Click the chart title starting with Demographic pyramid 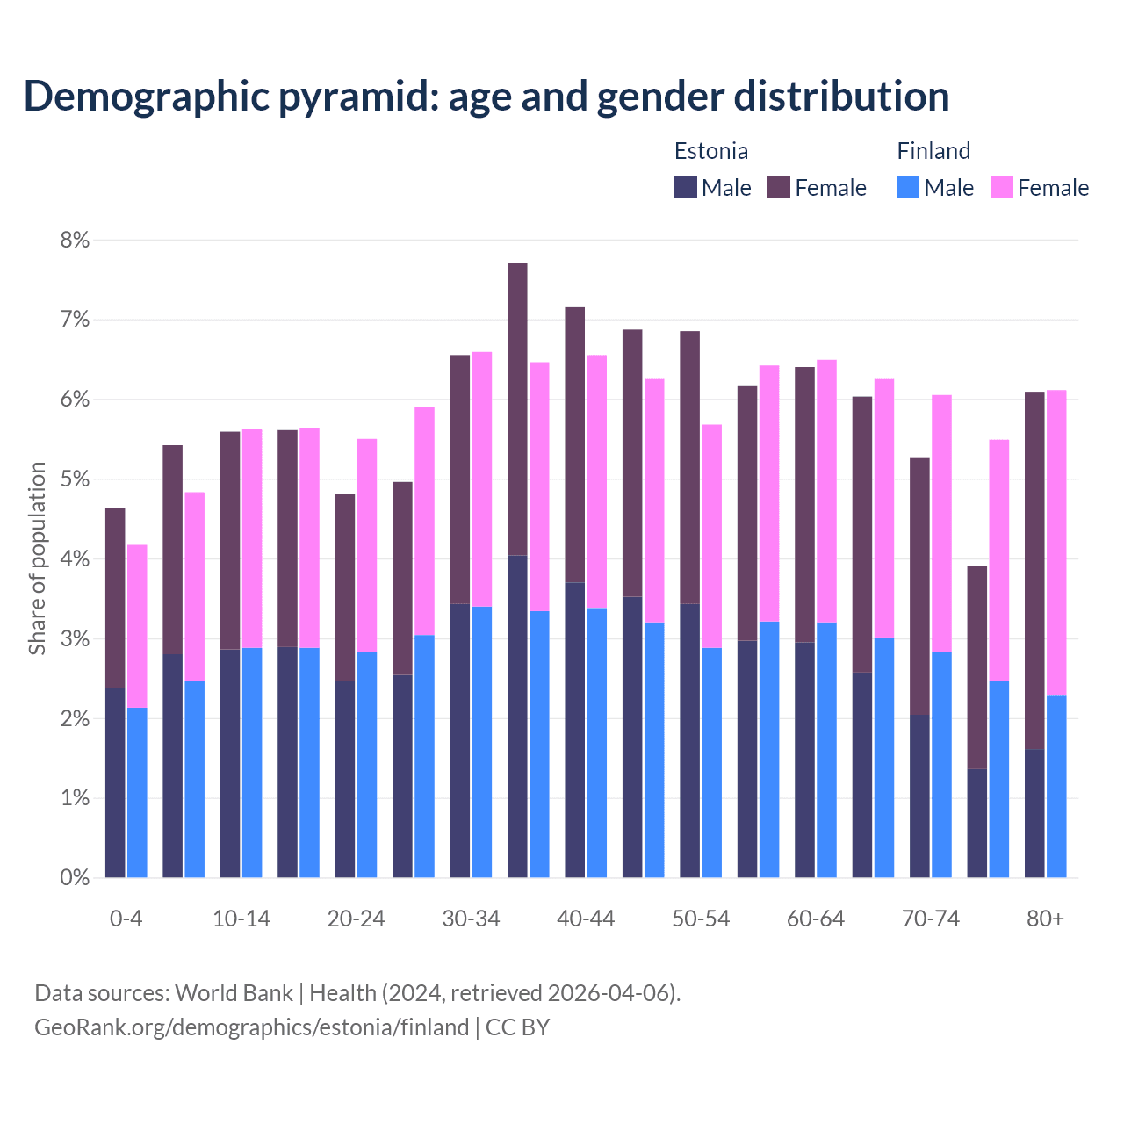486,97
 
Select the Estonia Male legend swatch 686,187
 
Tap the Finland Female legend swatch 1001,187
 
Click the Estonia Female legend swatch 779,187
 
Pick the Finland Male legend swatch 908,187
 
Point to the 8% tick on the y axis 75,240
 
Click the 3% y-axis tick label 75,639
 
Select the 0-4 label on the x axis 126,919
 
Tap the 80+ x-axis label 1045,919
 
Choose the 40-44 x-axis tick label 586,919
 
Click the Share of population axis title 38,558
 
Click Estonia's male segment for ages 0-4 115,782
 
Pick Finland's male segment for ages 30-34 482,742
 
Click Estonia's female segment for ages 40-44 575,444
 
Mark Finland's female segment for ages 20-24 367,544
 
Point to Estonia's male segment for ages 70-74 919,796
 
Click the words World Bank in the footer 234,993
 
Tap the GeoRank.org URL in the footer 251,1027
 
